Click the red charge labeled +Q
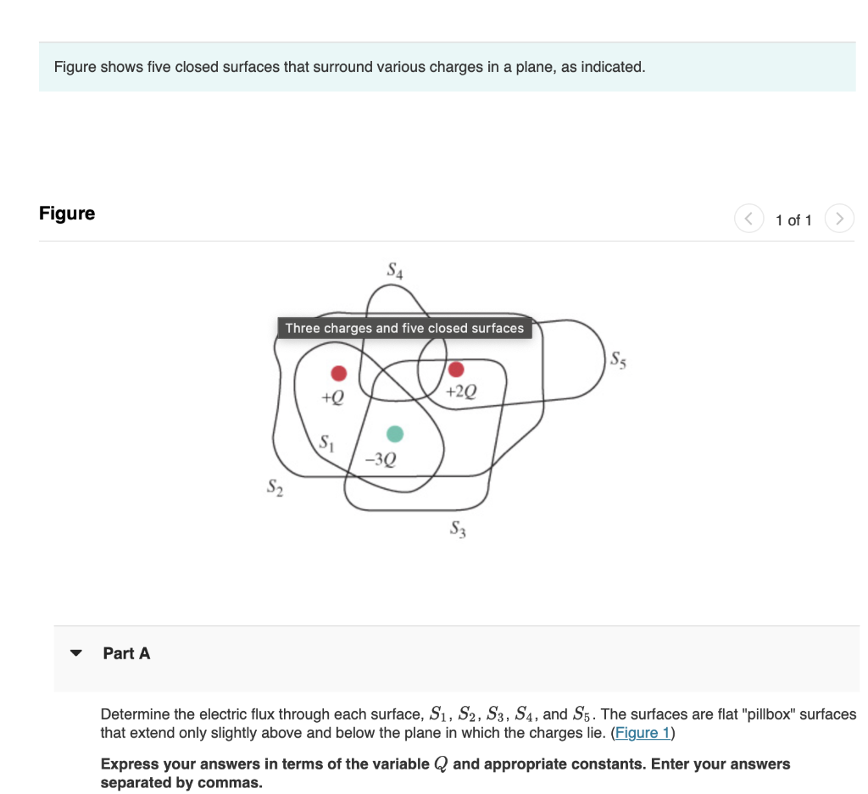[x=338, y=373]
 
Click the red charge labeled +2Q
[x=456, y=369]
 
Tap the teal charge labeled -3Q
[x=394, y=434]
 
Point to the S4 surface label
[x=395, y=272]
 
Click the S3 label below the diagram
[x=459, y=531]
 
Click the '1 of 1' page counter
[x=793, y=220]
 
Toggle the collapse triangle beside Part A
[x=77, y=653]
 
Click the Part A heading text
[x=126, y=653]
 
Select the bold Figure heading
[x=67, y=214]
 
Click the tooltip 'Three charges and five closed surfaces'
[x=404, y=328]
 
